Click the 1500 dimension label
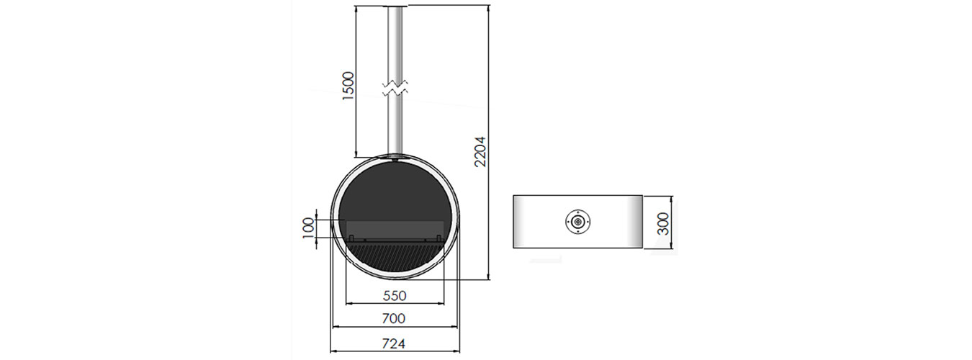348,86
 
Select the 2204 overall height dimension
480,152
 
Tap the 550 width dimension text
395,296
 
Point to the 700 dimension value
394,318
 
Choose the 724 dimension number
394,343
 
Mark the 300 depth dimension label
663,224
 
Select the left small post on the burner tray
351,238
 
